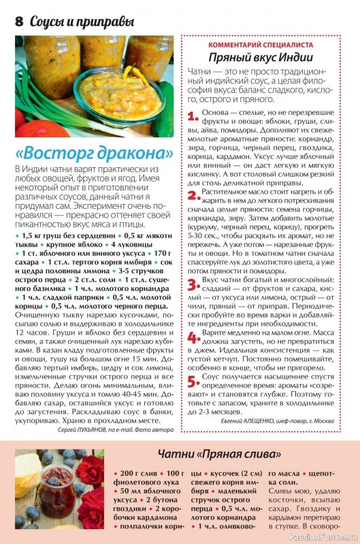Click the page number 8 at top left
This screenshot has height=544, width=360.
pos(18,21)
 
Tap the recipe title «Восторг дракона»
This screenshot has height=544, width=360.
pos(94,150)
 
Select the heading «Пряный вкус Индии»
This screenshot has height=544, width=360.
pos(265,57)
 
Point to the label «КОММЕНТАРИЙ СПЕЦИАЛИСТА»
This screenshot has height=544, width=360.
pos(265,44)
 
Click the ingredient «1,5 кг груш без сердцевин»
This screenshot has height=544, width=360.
pos(59,235)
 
